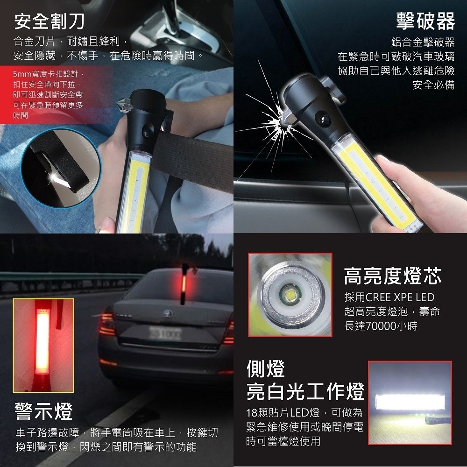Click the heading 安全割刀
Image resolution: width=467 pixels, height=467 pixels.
coord(50,22)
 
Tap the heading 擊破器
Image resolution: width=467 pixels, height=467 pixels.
coord(425,21)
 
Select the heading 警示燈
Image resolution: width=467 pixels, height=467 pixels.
coord(44,411)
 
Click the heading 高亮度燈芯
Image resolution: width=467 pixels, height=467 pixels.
coord(393,276)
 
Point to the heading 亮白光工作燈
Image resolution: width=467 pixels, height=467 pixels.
coord(305,391)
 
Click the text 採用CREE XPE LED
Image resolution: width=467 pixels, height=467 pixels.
coord(389,297)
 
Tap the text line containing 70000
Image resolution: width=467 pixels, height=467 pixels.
coord(381,326)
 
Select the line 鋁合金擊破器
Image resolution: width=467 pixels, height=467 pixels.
coord(423,42)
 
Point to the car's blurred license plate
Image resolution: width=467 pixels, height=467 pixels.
coord(165,333)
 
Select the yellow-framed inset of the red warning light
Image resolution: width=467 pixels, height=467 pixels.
coord(43,345)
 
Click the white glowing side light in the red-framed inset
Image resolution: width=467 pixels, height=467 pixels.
coord(410,402)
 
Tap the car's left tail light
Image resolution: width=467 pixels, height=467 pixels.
coord(107,324)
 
